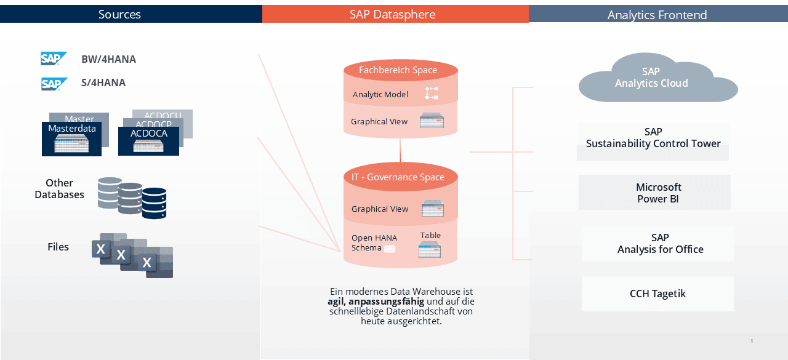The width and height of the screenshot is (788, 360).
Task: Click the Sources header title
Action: [119, 14]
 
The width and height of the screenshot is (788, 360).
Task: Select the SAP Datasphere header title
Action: [393, 14]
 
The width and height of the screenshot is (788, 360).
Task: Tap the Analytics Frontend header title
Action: [657, 15]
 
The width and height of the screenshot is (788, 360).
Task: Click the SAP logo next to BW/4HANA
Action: [54, 58]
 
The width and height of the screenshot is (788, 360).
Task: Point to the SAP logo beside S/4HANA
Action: [54, 84]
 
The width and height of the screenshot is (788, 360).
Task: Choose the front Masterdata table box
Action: [72, 139]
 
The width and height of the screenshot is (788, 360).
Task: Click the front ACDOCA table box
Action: [148, 141]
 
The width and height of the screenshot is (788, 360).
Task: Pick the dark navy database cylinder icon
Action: [155, 203]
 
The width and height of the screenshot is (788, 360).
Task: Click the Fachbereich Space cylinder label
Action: [398, 70]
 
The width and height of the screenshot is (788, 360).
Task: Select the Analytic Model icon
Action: [432, 93]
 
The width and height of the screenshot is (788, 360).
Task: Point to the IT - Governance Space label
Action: [398, 177]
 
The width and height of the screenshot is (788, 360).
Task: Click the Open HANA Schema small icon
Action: [390, 249]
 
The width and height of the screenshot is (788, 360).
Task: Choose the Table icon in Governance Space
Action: [430, 251]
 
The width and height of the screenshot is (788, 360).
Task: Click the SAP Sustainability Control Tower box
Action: [653, 142]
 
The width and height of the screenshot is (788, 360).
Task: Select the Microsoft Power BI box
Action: [654, 192]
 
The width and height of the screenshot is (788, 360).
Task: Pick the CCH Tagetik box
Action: [657, 294]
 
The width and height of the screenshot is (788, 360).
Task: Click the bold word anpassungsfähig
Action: [386, 302]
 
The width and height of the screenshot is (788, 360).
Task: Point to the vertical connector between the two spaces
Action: [400, 151]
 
